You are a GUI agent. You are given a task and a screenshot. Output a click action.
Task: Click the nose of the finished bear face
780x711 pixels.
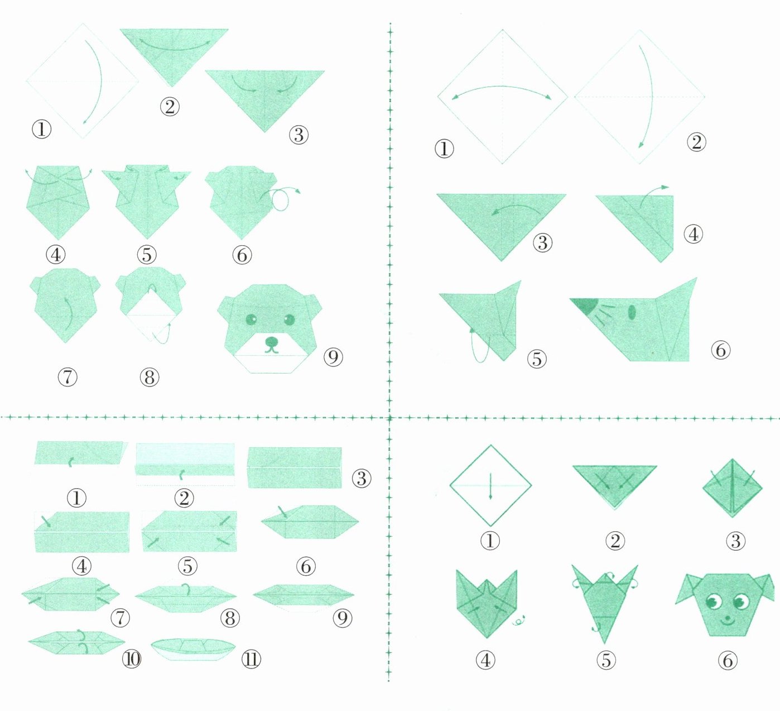point(272,341)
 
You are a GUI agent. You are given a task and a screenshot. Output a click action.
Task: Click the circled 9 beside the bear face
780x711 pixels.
point(333,357)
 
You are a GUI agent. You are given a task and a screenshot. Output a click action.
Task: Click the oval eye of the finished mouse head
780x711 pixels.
point(632,312)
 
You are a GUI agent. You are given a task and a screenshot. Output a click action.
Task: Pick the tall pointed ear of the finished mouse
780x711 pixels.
point(678,312)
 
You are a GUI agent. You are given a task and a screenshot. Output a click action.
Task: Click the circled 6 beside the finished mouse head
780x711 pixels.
point(720,350)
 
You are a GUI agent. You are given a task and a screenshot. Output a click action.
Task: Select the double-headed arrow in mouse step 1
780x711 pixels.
point(502,87)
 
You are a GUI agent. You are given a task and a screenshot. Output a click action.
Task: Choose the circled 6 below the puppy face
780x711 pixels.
point(728,660)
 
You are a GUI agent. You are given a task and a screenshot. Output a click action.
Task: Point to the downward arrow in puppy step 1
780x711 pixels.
point(490,486)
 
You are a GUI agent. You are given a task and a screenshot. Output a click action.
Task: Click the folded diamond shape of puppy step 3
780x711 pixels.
point(733,488)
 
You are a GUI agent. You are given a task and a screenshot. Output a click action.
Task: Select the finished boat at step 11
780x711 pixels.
point(193,649)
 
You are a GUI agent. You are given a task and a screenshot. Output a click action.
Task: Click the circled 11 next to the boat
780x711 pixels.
point(251,659)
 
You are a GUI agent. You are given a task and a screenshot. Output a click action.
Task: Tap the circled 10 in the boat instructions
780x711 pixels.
point(132,659)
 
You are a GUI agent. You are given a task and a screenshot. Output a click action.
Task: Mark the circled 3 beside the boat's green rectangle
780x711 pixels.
point(362,478)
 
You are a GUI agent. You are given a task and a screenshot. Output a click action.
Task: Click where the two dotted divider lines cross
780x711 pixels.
point(389,418)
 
